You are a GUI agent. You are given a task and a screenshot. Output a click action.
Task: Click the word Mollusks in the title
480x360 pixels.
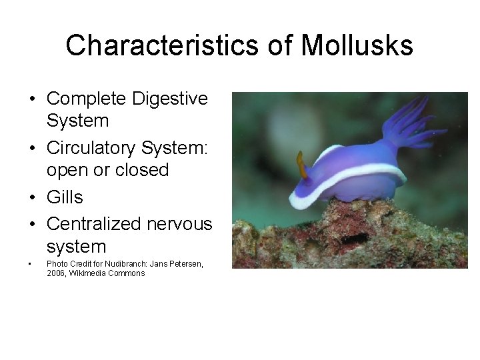[357, 46]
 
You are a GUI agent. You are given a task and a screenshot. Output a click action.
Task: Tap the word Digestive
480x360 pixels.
[170, 99]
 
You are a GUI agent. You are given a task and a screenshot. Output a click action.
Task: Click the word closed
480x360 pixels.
[142, 169]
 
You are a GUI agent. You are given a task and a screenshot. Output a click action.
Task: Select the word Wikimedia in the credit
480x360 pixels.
[86, 273]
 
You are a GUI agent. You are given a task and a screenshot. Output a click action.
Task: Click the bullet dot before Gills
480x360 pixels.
[31, 198]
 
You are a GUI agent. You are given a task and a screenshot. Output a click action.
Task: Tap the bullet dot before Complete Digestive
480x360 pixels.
[31, 99]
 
